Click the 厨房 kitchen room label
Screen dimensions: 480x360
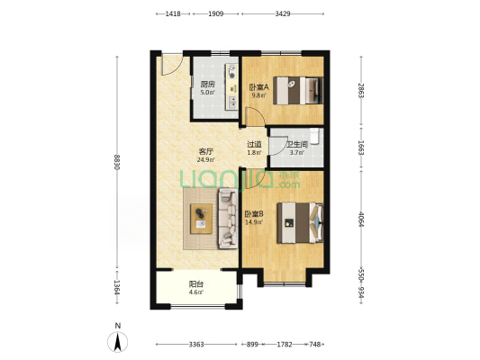207,84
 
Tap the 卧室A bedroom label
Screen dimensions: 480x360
258,87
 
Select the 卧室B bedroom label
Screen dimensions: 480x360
254,213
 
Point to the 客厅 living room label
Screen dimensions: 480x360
206,151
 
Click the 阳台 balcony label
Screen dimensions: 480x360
196,284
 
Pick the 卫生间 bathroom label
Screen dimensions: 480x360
296,144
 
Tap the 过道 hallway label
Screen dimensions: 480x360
254,144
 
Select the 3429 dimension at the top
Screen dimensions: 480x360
283,13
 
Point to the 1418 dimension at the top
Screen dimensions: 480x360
173,13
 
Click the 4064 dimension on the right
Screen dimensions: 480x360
361,219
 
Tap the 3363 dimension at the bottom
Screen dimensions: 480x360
196,345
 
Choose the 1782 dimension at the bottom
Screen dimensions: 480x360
285,345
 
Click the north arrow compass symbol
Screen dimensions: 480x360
118,341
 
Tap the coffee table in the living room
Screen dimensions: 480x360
201,219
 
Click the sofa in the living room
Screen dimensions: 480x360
228,219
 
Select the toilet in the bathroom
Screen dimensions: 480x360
315,136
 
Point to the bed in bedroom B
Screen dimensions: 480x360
300,222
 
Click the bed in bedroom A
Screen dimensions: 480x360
298,91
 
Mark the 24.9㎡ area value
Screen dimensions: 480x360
206,159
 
